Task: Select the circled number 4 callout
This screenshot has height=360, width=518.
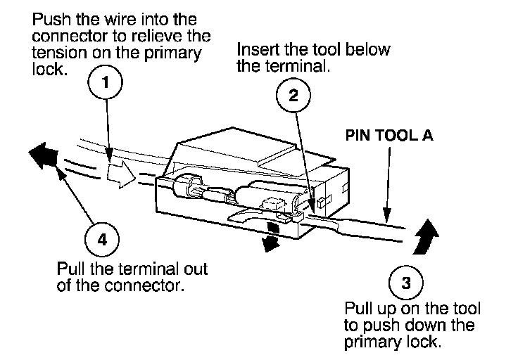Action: pyautogui.click(x=103, y=239)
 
